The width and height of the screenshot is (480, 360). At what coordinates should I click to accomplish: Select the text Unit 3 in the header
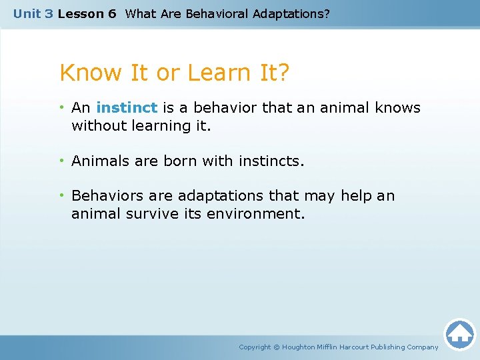coord(33,13)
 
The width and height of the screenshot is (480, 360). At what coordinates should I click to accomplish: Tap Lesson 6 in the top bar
coord(87,13)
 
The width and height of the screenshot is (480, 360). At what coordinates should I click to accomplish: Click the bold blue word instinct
coord(127,108)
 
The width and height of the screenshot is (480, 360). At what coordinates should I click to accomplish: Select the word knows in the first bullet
coord(399,108)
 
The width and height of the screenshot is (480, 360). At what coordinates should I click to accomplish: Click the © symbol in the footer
coord(277,347)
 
